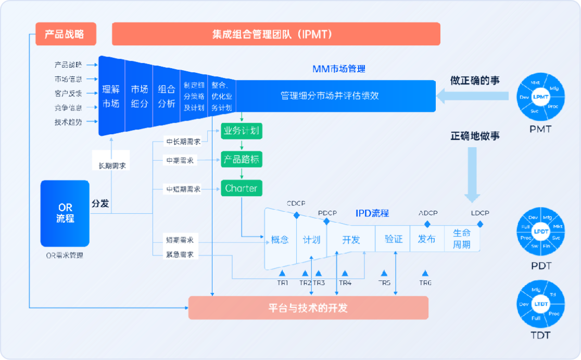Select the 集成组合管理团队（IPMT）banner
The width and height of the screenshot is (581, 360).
click(276, 34)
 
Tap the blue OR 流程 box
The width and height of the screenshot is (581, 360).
click(65, 213)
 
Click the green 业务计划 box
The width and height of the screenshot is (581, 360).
click(241, 131)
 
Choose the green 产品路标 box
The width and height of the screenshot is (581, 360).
click(241, 160)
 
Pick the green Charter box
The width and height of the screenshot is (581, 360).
click(241, 188)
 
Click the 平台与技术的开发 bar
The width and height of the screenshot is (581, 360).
click(308, 308)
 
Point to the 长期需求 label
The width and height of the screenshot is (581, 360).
click(111, 166)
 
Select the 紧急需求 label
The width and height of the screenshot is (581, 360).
click(180, 255)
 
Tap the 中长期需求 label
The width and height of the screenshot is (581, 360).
click(183, 142)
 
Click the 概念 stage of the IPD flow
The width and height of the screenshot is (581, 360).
click(280, 240)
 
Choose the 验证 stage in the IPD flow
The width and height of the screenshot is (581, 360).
click(394, 239)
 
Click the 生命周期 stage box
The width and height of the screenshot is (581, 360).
click(462, 239)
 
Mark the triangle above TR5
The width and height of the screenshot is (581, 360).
click(384, 273)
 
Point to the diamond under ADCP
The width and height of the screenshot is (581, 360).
click(427, 224)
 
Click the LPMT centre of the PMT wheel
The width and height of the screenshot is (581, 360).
click(541, 97)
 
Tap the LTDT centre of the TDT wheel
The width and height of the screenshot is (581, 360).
click(541, 304)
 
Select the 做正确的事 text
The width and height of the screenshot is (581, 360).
click(475, 81)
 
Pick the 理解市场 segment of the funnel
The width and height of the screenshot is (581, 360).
click(111, 96)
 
